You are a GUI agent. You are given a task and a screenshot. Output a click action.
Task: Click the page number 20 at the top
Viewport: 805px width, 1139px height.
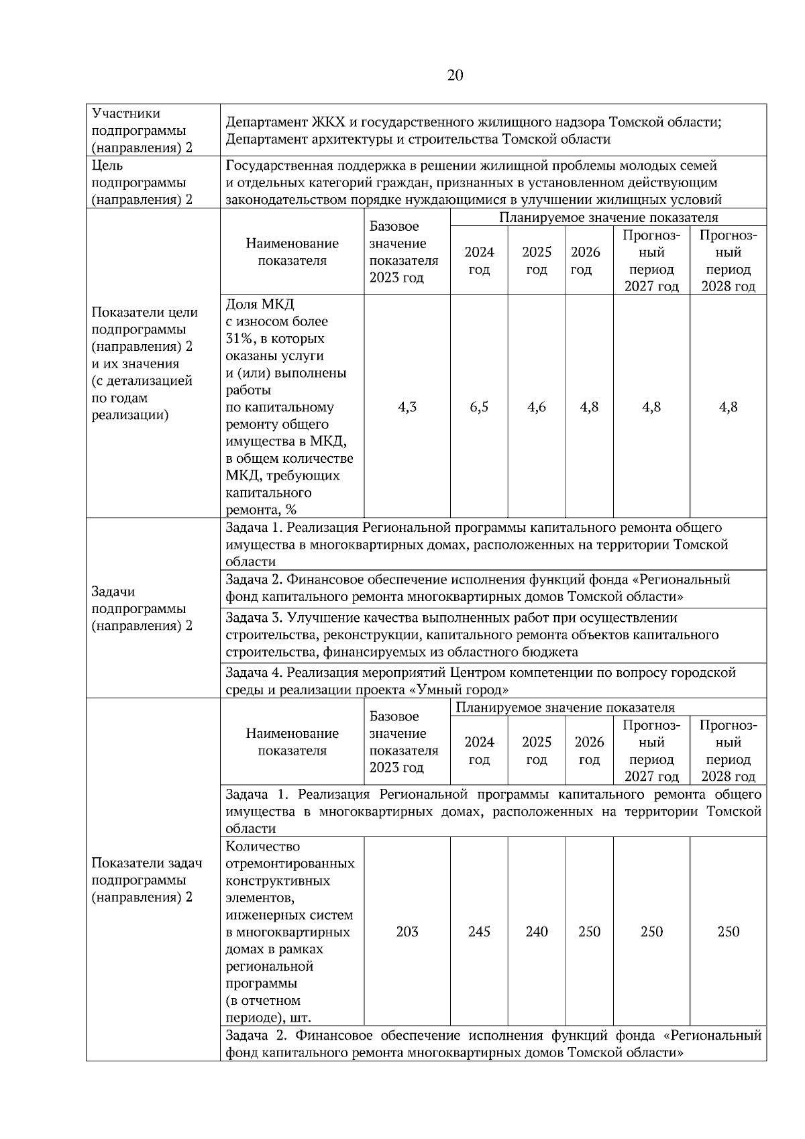pyautogui.click(x=454, y=75)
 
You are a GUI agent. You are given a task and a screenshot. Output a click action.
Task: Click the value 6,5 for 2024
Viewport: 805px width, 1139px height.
pyautogui.click(x=479, y=407)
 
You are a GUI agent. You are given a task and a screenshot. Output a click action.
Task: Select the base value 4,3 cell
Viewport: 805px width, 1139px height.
pyautogui.click(x=407, y=407)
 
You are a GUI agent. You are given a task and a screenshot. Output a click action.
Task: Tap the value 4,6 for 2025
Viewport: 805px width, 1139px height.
pyautogui.click(x=537, y=407)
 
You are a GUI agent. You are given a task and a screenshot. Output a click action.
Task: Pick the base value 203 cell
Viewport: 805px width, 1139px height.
pyautogui.click(x=407, y=932)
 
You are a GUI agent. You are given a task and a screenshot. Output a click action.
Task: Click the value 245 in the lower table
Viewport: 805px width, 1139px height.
pyautogui.click(x=479, y=932)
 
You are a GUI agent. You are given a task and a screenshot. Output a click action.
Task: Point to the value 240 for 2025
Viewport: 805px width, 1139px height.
pyautogui.click(x=537, y=932)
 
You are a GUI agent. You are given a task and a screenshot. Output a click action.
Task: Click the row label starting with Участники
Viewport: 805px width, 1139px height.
pyautogui.click(x=125, y=114)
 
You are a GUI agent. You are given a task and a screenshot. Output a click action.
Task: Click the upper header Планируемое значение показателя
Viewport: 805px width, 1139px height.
pyautogui.click(x=608, y=218)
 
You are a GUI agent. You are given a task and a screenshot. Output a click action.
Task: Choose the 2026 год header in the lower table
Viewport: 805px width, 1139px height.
pyautogui.click(x=589, y=751)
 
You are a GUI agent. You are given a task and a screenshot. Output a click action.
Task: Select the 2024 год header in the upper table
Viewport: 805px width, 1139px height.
pyautogui.click(x=479, y=261)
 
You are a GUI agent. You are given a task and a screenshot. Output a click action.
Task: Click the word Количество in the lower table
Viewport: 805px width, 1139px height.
pyautogui.click(x=263, y=847)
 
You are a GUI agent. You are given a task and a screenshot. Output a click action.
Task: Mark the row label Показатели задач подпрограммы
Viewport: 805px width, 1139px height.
pyautogui.click(x=146, y=880)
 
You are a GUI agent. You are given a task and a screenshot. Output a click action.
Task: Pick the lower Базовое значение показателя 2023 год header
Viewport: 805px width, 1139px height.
pyautogui.click(x=404, y=742)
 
